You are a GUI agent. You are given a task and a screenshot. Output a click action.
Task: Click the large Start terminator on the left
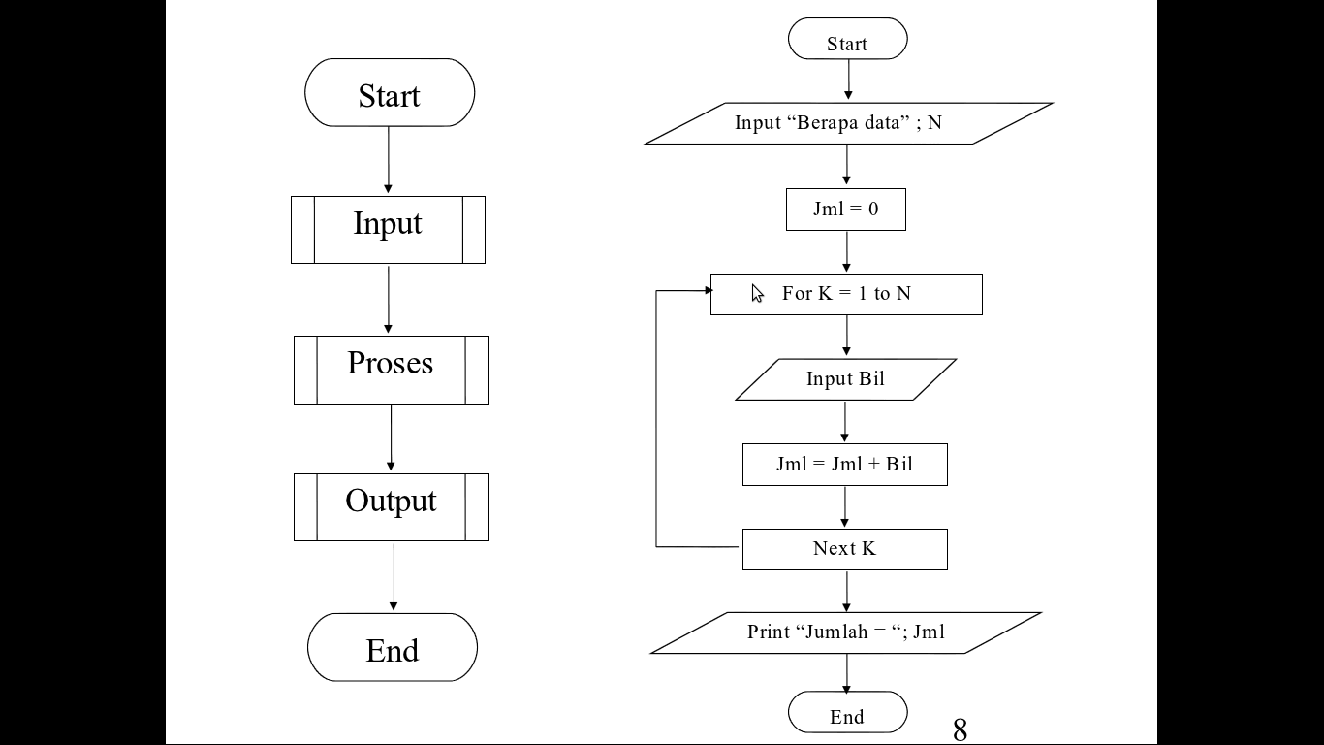390,93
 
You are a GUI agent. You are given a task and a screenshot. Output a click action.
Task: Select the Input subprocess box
388,229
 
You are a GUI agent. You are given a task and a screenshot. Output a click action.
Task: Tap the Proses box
391,369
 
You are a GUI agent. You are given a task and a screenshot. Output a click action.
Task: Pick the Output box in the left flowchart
391,506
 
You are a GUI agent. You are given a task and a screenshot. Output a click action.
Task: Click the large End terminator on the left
393,647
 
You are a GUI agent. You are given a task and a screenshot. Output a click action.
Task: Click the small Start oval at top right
847,40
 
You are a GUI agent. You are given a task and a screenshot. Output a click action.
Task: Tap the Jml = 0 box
845,210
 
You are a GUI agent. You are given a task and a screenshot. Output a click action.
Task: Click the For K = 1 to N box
846,294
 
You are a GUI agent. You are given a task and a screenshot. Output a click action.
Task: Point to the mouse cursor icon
758,294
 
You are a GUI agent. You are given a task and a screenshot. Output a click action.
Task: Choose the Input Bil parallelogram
845,379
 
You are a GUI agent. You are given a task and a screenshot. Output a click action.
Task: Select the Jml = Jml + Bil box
844,465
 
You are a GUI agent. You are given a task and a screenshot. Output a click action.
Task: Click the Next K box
844,549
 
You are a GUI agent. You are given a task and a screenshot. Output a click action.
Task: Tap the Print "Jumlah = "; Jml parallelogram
845,632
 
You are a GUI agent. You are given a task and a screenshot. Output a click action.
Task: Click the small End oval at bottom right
847,714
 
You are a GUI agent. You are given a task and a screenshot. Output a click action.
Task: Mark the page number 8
960,729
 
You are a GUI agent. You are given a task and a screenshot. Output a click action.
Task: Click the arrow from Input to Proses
389,299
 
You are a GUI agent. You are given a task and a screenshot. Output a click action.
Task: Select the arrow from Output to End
394,576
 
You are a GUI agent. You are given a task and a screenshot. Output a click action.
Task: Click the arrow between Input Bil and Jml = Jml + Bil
845,422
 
